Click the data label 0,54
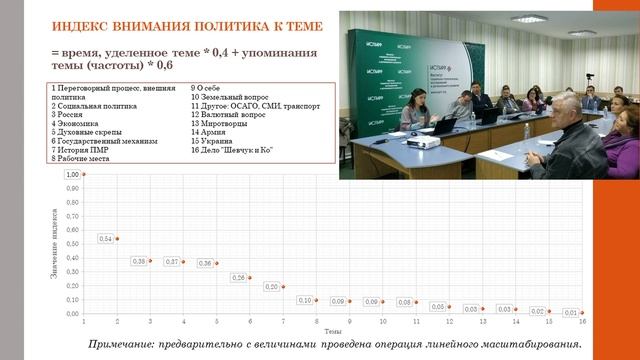pos(105,239)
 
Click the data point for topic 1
pos(84,174)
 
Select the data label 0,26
pos(238,277)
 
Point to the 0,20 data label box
pos(271,286)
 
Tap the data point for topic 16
pos(581,312)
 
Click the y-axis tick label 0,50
pos(71,244)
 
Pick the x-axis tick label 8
pos(316,321)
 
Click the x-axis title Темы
pos(333,330)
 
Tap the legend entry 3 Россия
pos(68,114)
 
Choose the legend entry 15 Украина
pos(214,141)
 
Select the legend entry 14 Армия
pos(211,132)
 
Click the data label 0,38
pos(139,261)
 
